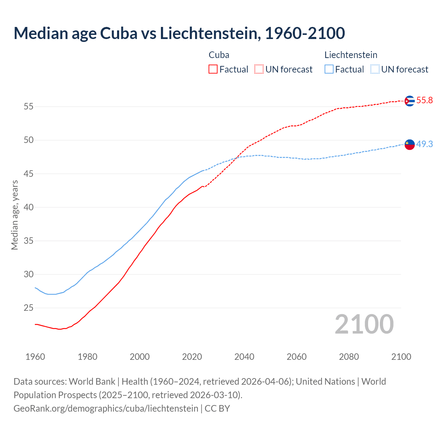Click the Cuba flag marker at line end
[410, 101]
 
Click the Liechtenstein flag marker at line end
[410, 145]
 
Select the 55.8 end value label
[424, 100]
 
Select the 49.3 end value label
[424, 144]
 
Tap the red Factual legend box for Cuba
[213, 69]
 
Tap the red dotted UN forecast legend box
[259, 69]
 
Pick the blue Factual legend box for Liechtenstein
[329, 69]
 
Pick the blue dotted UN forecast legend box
[375, 69]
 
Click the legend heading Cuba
[219, 55]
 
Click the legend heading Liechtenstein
[351, 55]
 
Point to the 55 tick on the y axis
[29, 107]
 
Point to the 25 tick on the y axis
[29, 308]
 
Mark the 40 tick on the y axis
[29, 208]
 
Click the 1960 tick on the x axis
[35, 357]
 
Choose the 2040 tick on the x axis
[244, 357]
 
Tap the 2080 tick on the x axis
[349, 357]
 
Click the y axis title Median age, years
[15, 215]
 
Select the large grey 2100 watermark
[364, 324]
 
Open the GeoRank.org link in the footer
[106, 409]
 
